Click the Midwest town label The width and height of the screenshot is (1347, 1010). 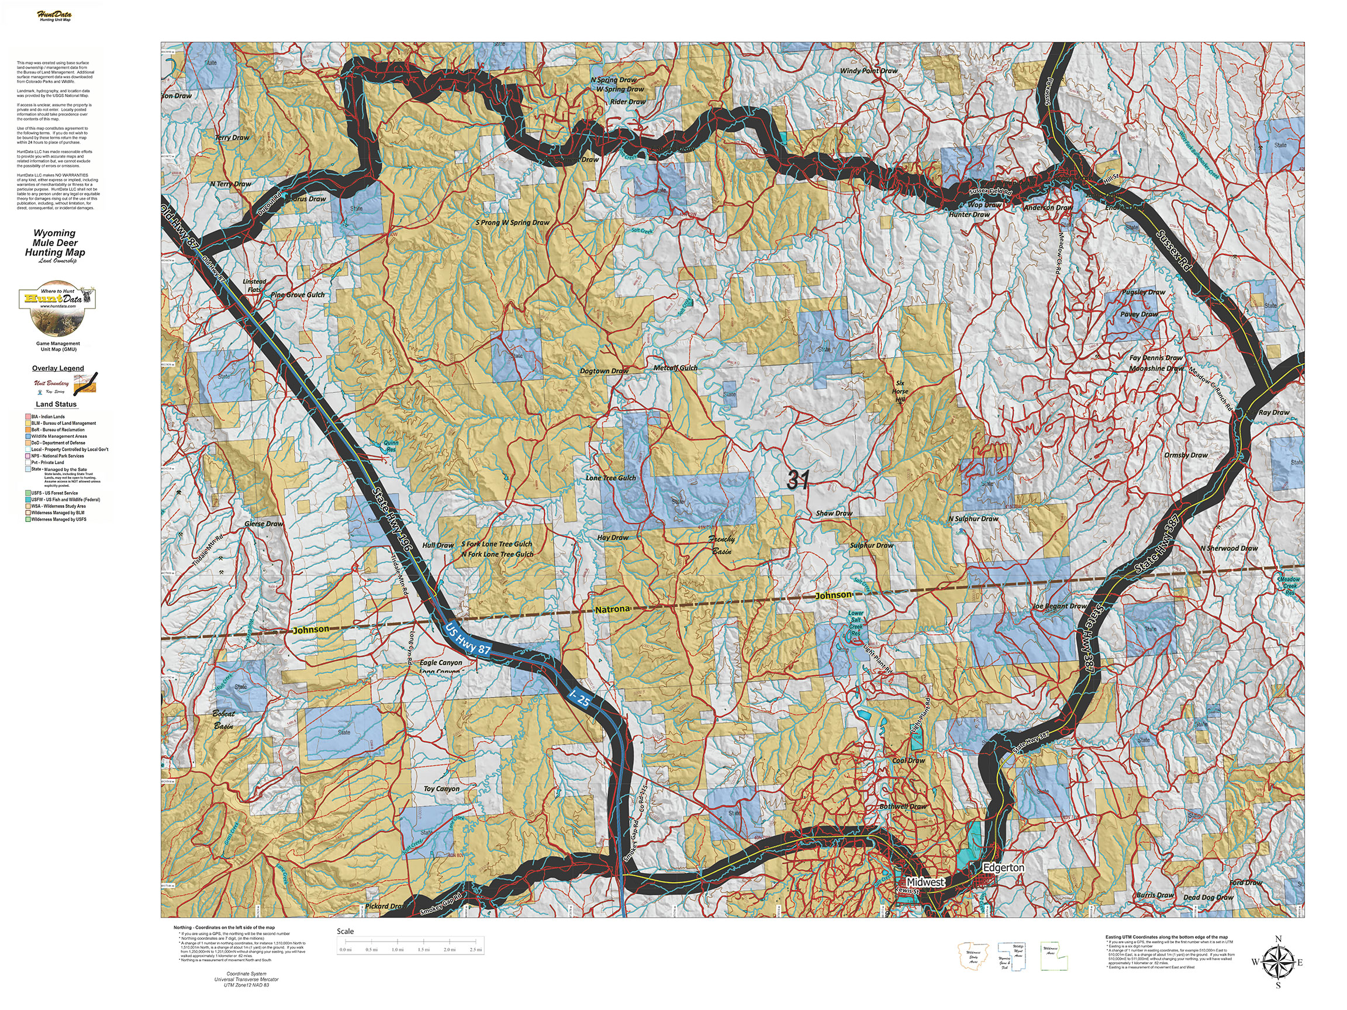[x=924, y=881]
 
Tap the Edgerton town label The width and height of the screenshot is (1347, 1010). [x=1004, y=867]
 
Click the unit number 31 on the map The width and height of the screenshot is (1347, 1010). [x=797, y=480]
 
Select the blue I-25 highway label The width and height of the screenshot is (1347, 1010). [x=579, y=698]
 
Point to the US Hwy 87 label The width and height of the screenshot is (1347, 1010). [x=468, y=639]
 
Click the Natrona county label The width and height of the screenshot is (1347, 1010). [x=612, y=609]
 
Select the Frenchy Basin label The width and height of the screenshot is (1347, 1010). [x=722, y=544]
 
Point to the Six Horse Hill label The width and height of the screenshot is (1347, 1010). [x=900, y=392]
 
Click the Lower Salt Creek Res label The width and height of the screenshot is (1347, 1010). [x=855, y=624]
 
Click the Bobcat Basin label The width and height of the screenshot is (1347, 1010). [x=223, y=720]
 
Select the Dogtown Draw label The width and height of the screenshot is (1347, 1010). [x=604, y=371]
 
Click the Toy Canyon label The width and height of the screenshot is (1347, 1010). [x=441, y=788]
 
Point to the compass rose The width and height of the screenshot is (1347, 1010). [x=1277, y=963]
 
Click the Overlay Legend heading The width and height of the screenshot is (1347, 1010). [x=58, y=368]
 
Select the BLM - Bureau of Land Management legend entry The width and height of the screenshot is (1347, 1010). [x=63, y=423]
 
